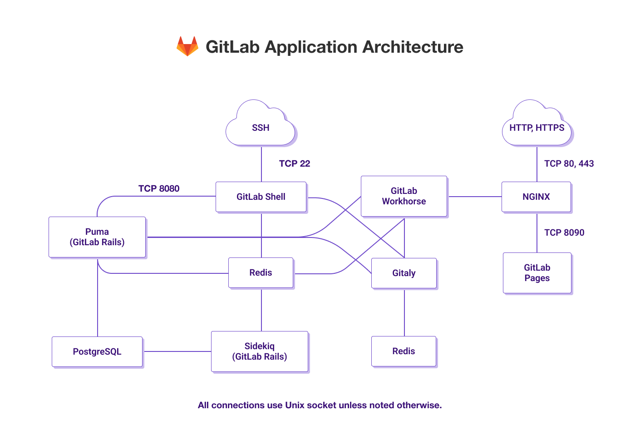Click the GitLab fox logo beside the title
pyautogui.click(x=187, y=46)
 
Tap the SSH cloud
pyautogui.click(x=261, y=128)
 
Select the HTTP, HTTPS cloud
pyautogui.click(x=537, y=128)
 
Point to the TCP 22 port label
pyautogui.click(x=295, y=163)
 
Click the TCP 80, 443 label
pyautogui.click(x=569, y=163)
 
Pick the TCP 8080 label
pyautogui.click(x=159, y=188)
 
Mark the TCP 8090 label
pyautogui.click(x=564, y=232)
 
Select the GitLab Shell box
pyautogui.click(x=261, y=197)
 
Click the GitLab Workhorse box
pyautogui.click(x=404, y=196)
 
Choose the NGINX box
pyautogui.click(x=536, y=197)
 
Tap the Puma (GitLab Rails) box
pyautogui.click(x=97, y=237)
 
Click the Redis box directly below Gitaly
pyautogui.click(x=404, y=351)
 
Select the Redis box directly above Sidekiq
pyautogui.click(x=261, y=272)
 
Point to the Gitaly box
pyautogui.click(x=404, y=273)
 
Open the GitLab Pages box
pyautogui.click(x=537, y=273)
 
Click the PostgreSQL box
pyautogui.click(x=97, y=351)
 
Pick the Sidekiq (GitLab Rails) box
pyautogui.click(x=260, y=351)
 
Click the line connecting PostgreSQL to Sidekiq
pyautogui.click(x=177, y=351)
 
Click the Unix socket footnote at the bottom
pyautogui.click(x=320, y=405)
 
